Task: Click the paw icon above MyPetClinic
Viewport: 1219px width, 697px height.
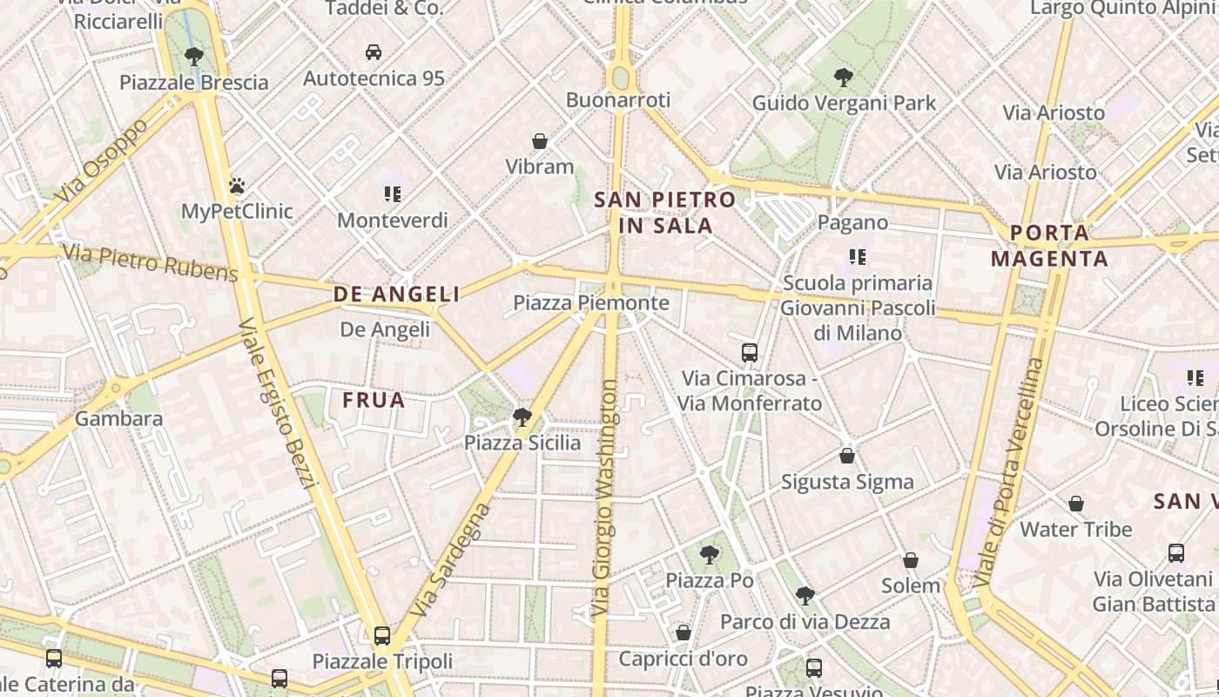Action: click(237, 186)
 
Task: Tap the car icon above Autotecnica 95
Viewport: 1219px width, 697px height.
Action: click(374, 52)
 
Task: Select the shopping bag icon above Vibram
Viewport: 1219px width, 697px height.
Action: click(540, 141)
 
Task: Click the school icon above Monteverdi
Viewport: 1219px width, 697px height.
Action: click(393, 194)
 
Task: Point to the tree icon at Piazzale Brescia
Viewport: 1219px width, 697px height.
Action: click(193, 58)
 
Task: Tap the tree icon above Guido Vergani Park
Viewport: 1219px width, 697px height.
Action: click(843, 78)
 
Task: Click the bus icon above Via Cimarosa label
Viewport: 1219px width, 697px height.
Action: click(750, 353)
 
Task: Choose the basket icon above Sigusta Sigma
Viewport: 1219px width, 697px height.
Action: click(847, 456)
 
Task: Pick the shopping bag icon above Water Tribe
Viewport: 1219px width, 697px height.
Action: click(1076, 504)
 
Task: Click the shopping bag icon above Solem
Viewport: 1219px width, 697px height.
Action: click(911, 560)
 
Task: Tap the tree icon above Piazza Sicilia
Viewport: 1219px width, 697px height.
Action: click(522, 417)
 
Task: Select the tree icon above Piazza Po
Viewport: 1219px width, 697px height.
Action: click(710, 554)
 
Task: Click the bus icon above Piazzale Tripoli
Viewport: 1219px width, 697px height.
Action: click(382, 636)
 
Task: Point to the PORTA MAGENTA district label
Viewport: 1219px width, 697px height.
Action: click(1049, 246)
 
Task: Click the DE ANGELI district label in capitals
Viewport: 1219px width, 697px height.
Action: click(396, 294)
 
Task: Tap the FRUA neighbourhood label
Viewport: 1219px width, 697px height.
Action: click(374, 400)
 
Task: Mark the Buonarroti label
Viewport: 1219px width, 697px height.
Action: click(618, 100)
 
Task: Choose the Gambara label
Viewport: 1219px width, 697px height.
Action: click(118, 418)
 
